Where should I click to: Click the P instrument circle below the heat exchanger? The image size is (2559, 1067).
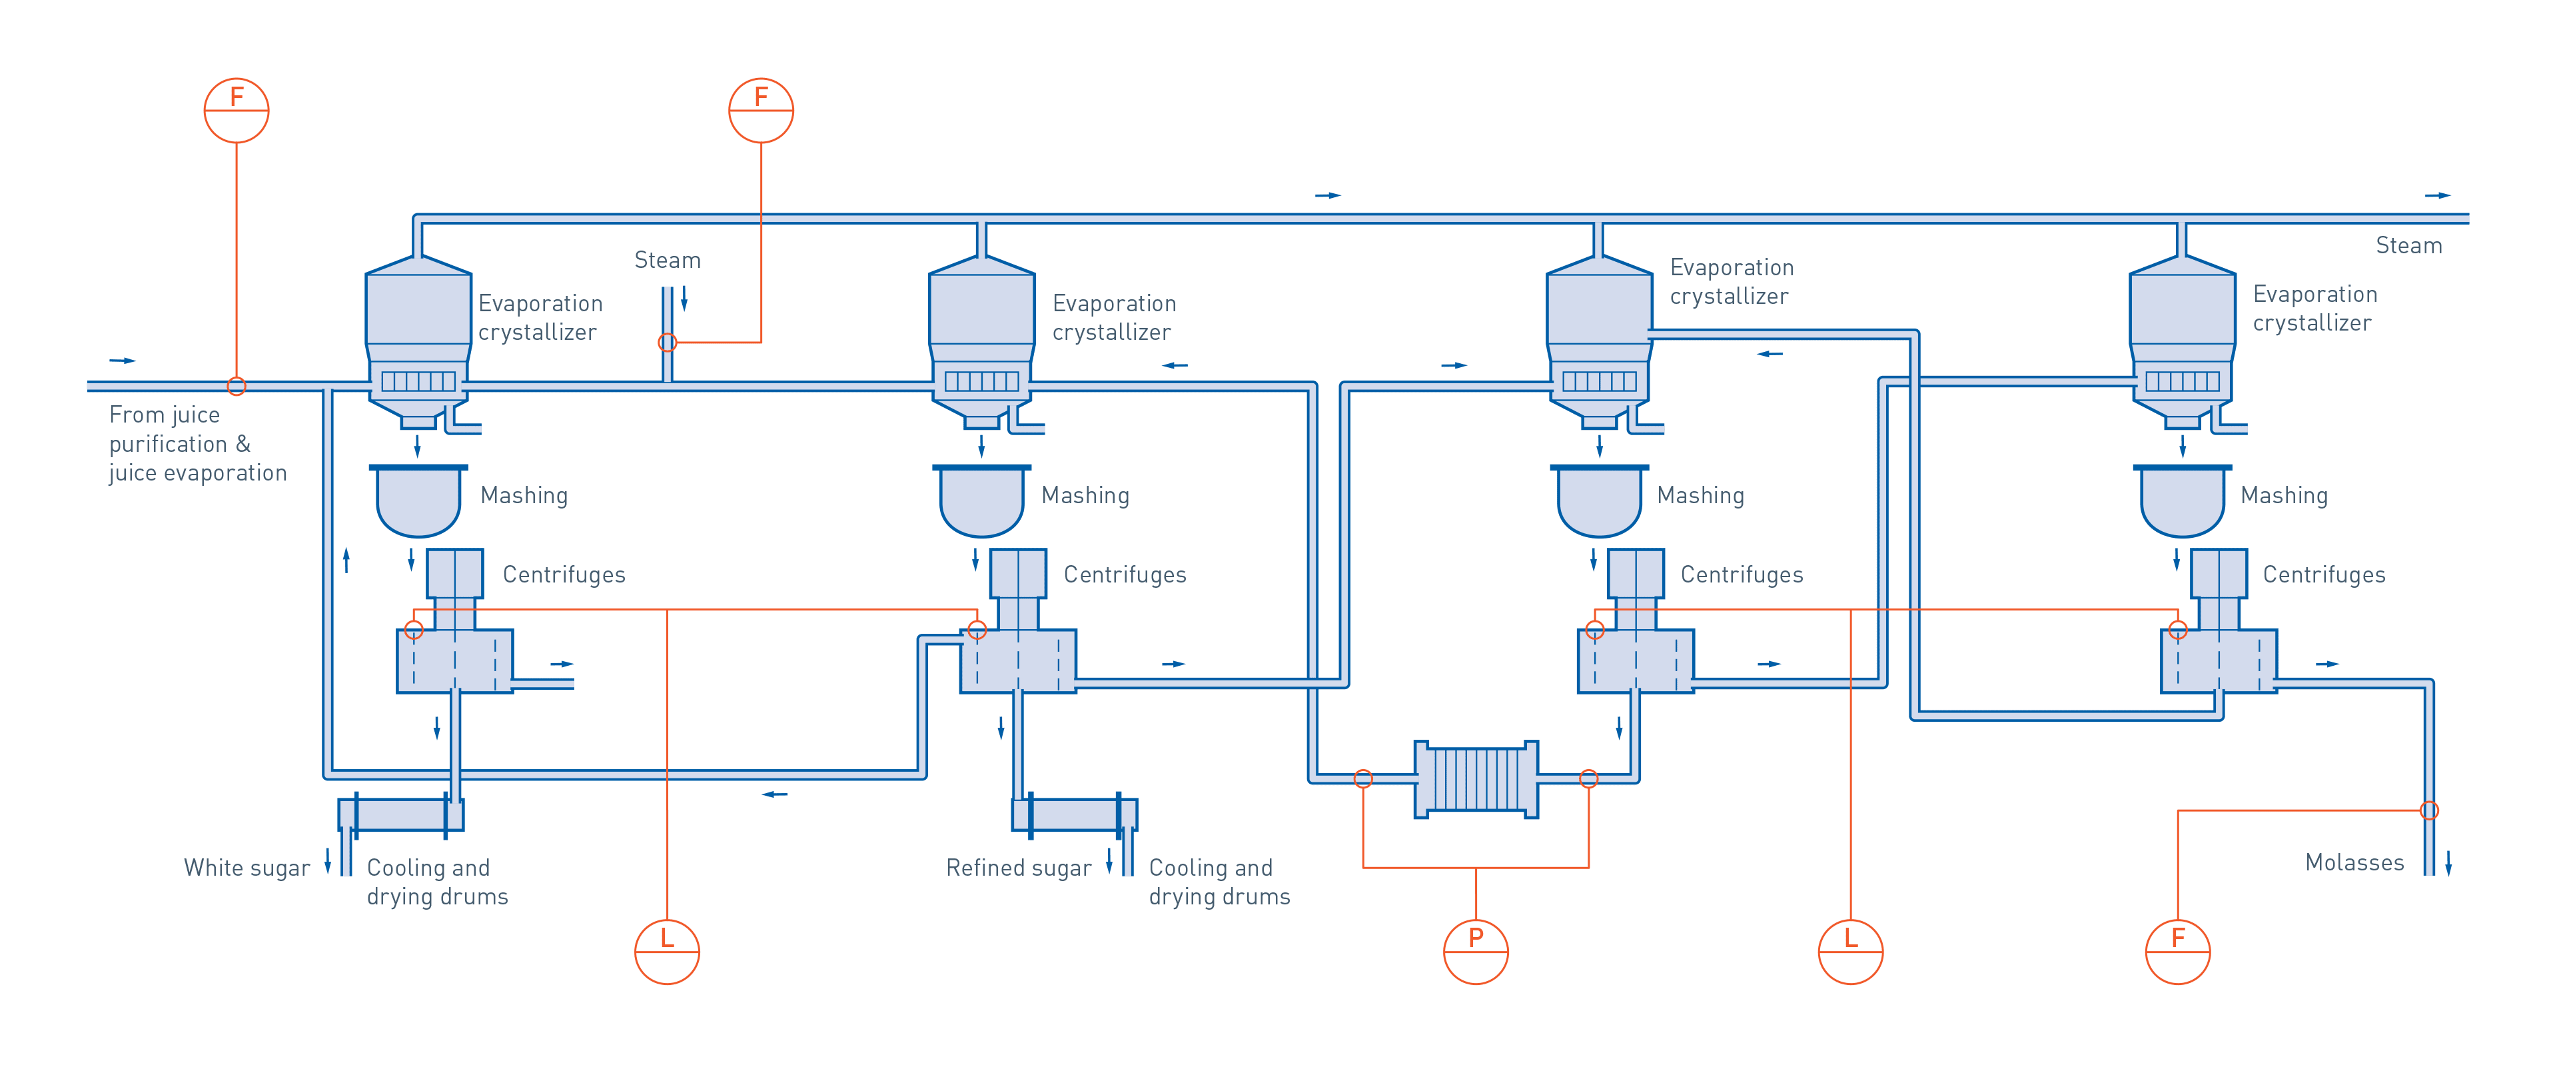(x=1475, y=952)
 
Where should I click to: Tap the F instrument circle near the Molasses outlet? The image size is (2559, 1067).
(x=2177, y=952)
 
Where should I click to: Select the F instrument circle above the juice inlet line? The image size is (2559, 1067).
(x=237, y=110)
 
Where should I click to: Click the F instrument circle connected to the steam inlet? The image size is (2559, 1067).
(x=761, y=110)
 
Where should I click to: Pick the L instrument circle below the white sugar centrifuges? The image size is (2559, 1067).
(x=667, y=952)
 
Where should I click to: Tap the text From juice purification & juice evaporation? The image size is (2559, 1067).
(x=197, y=443)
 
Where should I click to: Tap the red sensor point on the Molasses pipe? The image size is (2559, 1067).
(x=2428, y=810)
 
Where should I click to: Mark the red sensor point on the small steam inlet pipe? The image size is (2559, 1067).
(x=668, y=343)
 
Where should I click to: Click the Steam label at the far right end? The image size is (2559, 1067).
(x=2408, y=245)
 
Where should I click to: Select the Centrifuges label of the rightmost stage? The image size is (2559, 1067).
(x=2324, y=574)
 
